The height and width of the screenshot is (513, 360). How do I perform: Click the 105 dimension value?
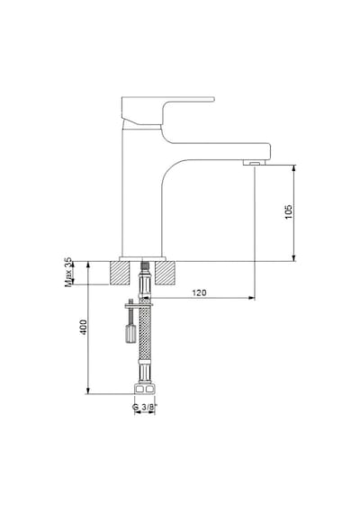(288, 212)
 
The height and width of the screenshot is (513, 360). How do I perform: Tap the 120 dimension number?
(199, 292)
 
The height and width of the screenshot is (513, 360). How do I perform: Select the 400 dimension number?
(84, 327)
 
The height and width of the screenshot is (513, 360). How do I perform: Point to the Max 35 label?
(68, 272)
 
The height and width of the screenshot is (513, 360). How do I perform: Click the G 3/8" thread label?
(143, 407)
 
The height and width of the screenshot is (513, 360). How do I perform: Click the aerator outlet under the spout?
(255, 162)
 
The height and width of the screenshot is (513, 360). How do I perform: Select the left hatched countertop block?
(120, 273)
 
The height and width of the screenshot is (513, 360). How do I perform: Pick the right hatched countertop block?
(166, 273)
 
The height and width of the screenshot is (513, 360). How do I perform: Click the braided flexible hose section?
(145, 332)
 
